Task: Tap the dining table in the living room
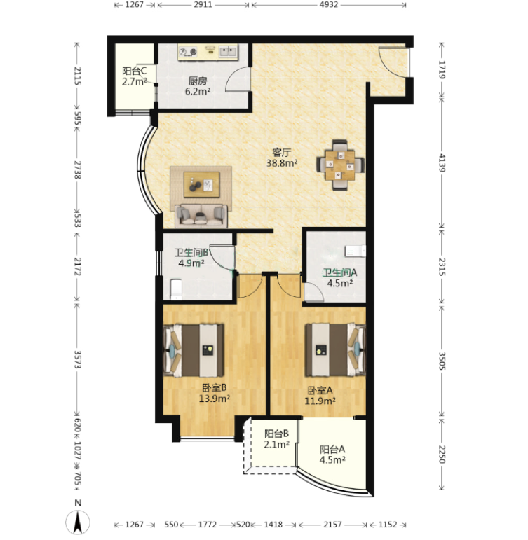[x=340, y=165]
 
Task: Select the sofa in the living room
[x=201, y=216]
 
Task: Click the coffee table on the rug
[x=201, y=185]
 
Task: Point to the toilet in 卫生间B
[x=176, y=289]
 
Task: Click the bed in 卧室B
[x=194, y=350]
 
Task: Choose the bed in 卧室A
[x=335, y=349]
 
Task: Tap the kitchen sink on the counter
[x=229, y=52]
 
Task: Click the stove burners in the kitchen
[x=188, y=52]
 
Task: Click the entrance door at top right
[x=393, y=62]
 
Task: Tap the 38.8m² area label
[x=282, y=163]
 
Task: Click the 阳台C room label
[x=134, y=71]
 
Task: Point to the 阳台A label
[x=332, y=450]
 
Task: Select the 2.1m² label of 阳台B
[x=276, y=445]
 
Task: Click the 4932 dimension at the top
[x=329, y=5]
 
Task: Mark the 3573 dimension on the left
[x=78, y=359]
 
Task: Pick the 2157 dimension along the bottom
[x=332, y=525]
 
